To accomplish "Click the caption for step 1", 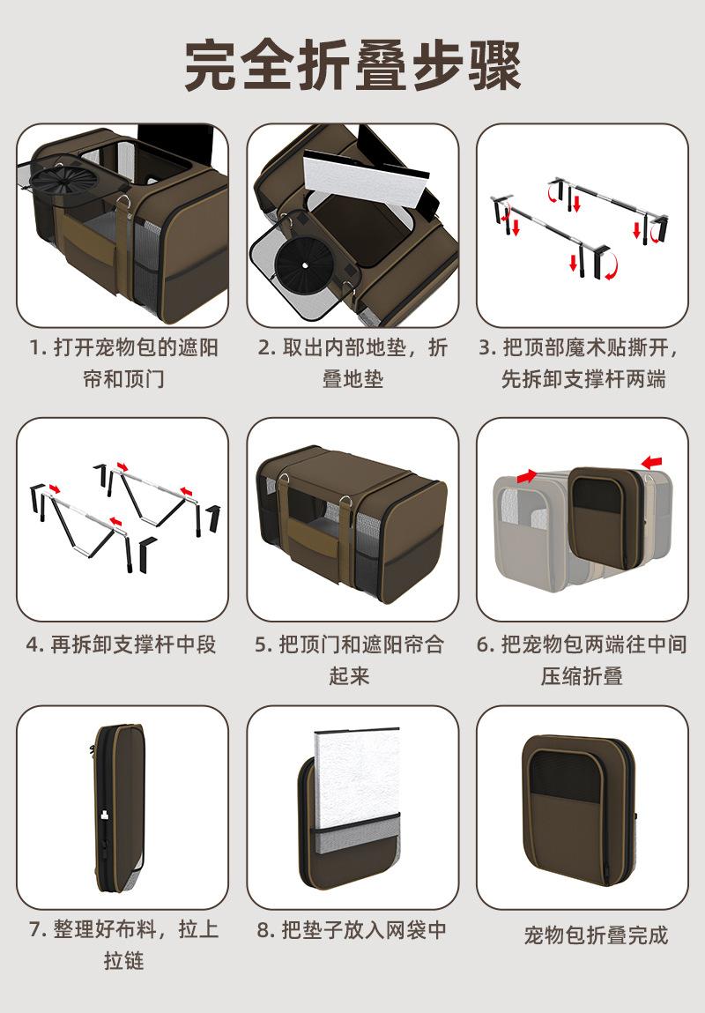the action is point(122,362).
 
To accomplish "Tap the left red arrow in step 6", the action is point(526,476).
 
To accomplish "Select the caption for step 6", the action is point(582,659).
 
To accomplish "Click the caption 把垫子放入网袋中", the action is point(352,930).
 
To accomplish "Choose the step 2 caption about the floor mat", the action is point(352,362).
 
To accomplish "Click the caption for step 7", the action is point(122,944).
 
